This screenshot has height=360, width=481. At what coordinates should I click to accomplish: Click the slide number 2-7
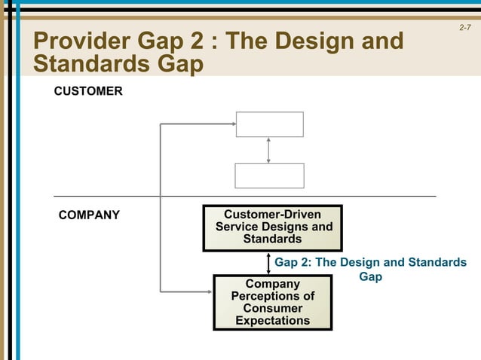pos(465,28)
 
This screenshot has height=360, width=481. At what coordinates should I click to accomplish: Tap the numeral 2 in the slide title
pos(199,41)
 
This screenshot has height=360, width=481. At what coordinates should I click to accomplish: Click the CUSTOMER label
pos(87,91)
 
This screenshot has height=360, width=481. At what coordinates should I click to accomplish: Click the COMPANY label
pos(89,215)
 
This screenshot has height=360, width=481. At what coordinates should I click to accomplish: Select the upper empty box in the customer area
pos(269,124)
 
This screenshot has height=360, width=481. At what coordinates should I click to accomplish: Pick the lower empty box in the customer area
pos(269,175)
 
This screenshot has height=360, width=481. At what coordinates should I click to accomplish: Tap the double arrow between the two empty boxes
pos(269,150)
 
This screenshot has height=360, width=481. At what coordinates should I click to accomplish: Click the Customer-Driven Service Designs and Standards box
pos(272,227)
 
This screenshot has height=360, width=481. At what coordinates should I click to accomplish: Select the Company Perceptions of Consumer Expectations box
pos(272,302)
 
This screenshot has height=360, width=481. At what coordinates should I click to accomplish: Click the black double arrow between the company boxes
pos(269,263)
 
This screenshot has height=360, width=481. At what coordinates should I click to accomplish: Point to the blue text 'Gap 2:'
pos(292,263)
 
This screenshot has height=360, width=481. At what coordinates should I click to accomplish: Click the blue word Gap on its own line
pos(370,277)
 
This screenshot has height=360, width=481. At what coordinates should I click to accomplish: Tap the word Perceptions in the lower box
pos(272,296)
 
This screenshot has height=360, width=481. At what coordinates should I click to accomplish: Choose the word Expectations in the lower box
pos(272,321)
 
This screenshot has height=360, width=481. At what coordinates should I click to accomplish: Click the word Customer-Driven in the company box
pos(272,215)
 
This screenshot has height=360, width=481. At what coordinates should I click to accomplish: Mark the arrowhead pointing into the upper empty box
pos(232,124)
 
